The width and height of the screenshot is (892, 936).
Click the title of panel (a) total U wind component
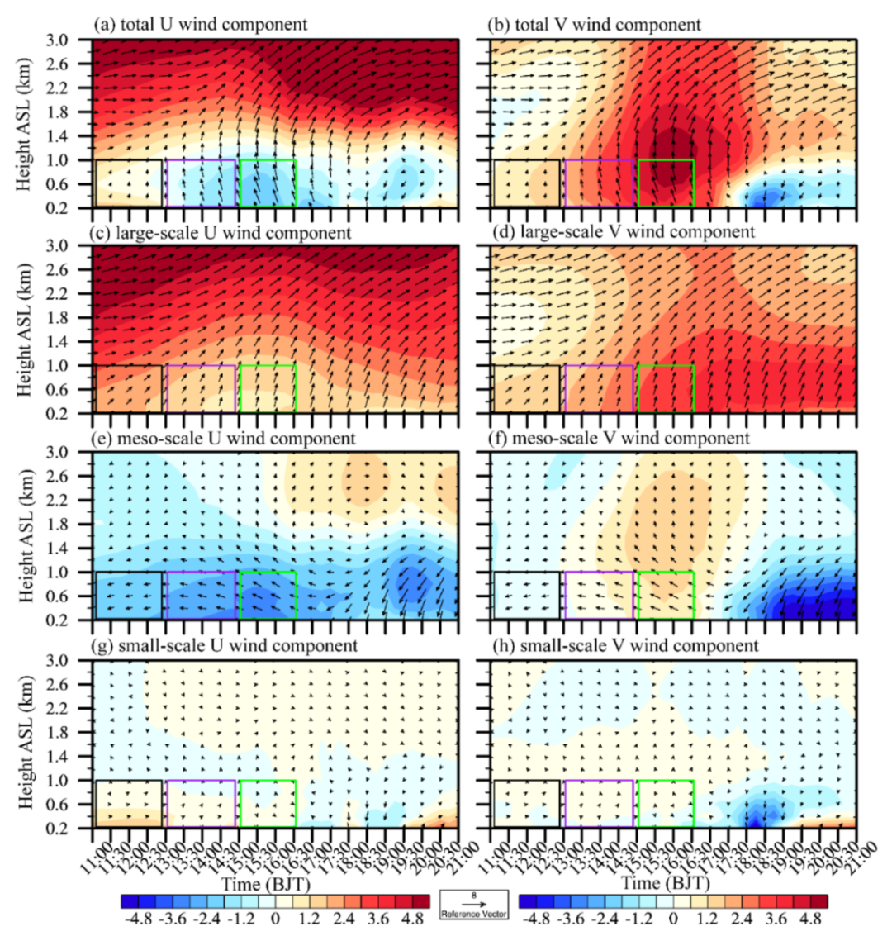pyautogui.click(x=202, y=24)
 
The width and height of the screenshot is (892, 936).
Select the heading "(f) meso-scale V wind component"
pyautogui.click(x=619, y=438)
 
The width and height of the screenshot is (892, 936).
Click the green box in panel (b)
pyautogui.click(x=666, y=183)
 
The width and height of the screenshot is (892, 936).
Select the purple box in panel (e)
pyautogui.click(x=202, y=595)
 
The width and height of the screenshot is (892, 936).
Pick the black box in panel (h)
pyautogui.click(x=527, y=803)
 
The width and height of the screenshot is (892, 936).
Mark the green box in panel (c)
pyautogui.click(x=268, y=388)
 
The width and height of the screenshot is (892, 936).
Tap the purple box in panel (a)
pyautogui.click(x=202, y=183)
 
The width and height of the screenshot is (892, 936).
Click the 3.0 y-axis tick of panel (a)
pyautogui.click(x=70, y=39)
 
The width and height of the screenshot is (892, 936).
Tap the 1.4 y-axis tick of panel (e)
pyautogui.click(x=70, y=549)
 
